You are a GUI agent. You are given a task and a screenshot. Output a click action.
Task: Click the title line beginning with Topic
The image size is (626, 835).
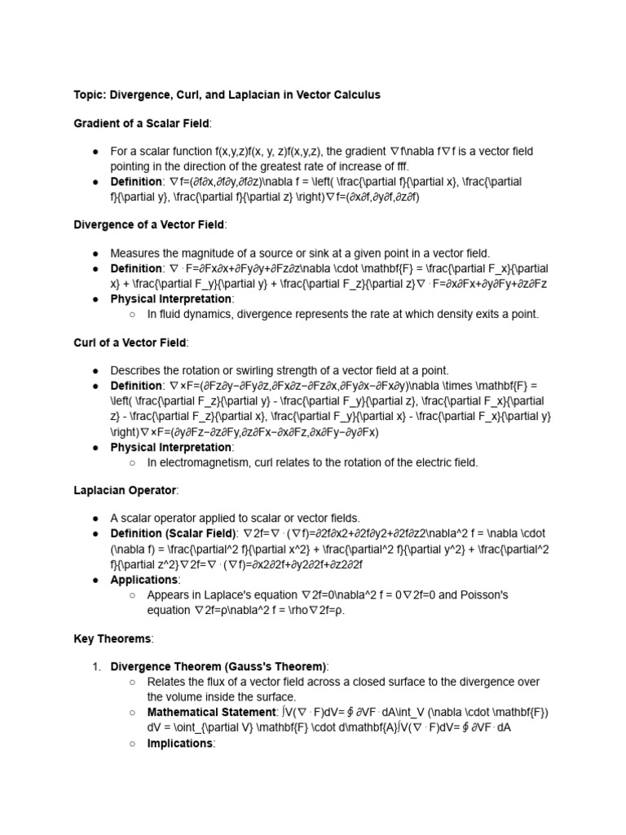[227, 95]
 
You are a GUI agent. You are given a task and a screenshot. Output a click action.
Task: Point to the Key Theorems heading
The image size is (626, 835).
[113, 638]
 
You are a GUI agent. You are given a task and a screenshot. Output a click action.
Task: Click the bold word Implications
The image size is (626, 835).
[180, 743]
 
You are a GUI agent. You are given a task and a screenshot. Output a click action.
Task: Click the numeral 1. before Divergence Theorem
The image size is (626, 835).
[96, 666]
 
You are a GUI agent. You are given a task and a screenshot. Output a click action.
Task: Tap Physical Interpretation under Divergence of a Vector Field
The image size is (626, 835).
[171, 299]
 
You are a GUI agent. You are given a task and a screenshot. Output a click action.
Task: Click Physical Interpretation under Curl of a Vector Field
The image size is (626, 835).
[171, 447]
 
